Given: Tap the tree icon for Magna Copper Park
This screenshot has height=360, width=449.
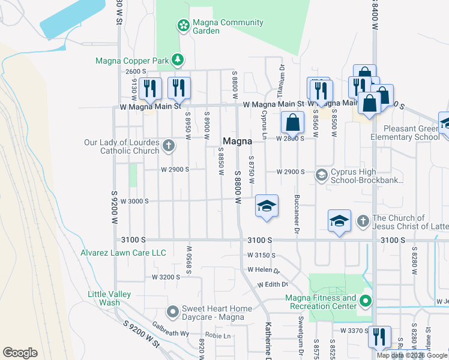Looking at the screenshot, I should pyautogui.click(x=177, y=59).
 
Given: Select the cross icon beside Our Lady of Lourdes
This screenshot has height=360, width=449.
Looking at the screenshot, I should pyautogui.click(x=169, y=145).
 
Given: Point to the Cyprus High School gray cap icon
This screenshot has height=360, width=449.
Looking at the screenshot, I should pyautogui.click(x=321, y=174).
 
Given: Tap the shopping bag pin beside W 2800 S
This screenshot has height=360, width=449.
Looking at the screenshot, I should pyautogui.click(x=292, y=123).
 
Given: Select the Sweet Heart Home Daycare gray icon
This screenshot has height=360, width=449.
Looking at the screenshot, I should pyautogui.click(x=173, y=311).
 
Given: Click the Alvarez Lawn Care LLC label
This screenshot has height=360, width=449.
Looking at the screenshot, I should pyautogui.click(x=123, y=253).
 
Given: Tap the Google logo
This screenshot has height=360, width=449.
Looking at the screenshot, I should pyautogui.click(x=20, y=353).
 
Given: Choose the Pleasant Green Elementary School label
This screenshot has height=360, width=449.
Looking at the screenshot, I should pyautogui.click(x=403, y=133).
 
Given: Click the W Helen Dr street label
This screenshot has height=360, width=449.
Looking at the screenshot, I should pyautogui.click(x=264, y=269).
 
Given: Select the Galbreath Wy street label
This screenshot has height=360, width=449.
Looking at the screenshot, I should pyautogui.click(x=170, y=332).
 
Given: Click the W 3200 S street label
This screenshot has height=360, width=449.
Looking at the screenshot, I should pyautogui.click(x=166, y=277).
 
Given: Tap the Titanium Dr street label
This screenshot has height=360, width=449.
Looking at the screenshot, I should pyautogui.click(x=280, y=77).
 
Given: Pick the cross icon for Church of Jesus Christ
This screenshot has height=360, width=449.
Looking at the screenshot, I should pyautogui.click(x=363, y=221).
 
